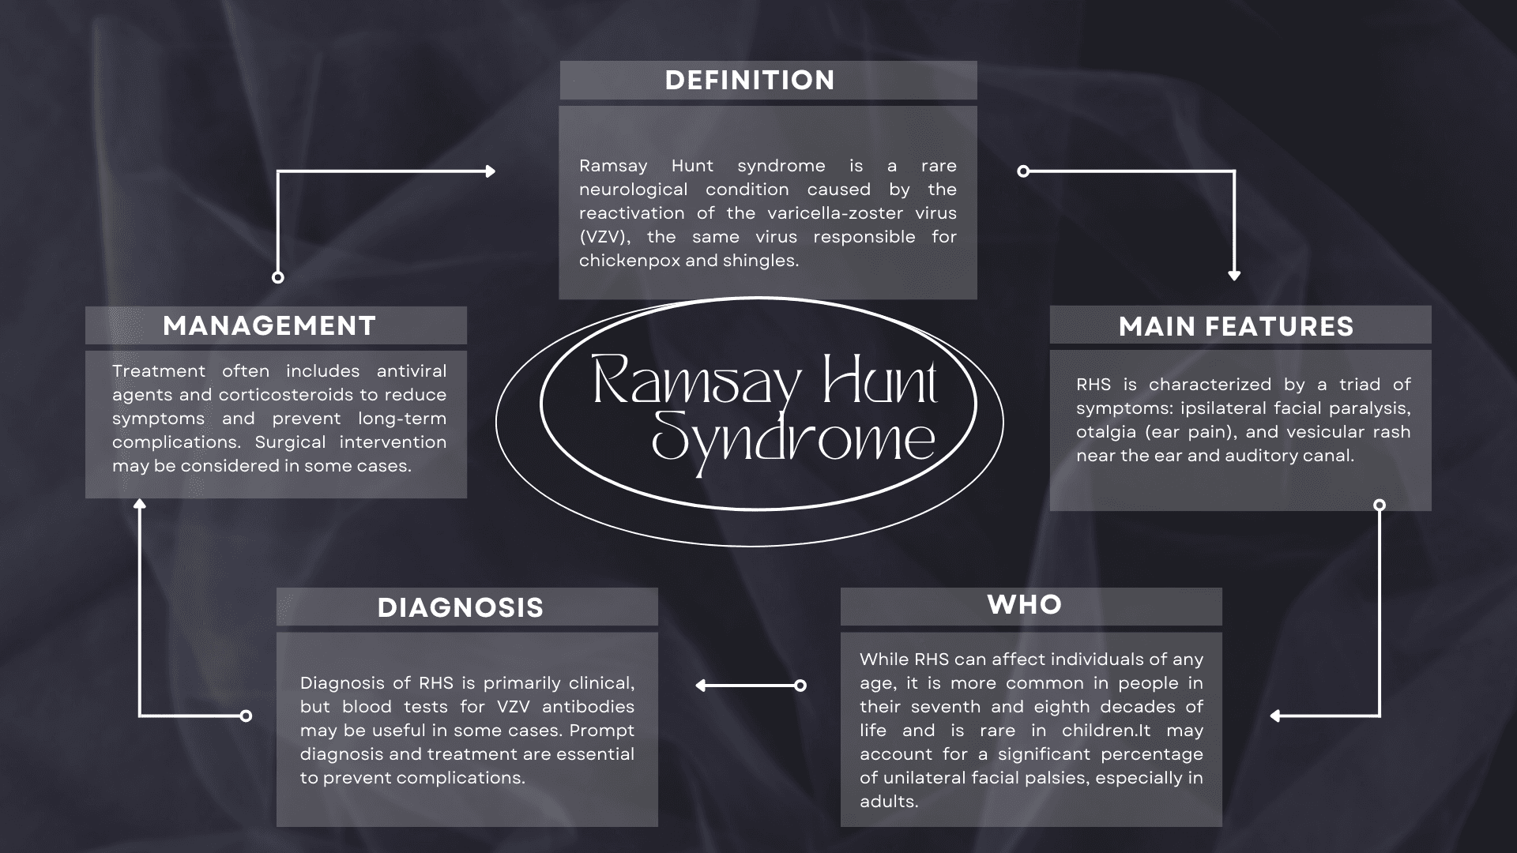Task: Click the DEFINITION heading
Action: click(749, 81)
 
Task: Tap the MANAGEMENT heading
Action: click(269, 326)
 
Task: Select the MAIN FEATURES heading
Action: click(1236, 327)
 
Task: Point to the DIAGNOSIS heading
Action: click(461, 607)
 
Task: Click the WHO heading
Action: click(1025, 605)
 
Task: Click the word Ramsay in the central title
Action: click(696, 382)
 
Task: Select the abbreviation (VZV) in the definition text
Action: click(604, 237)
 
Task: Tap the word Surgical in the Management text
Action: click(290, 442)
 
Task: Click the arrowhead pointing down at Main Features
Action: click(1234, 275)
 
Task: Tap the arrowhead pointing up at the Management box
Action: click(140, 503)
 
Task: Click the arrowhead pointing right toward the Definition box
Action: click(490, 171)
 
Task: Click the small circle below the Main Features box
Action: click(1380, 505)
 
